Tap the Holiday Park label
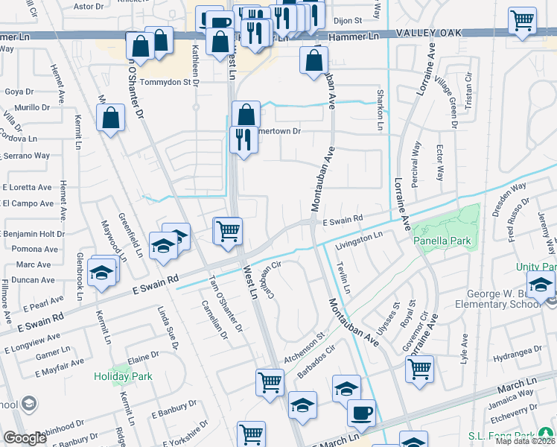(x=123, y=376)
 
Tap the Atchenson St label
(x=305, y=348)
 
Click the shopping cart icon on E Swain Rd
(x=227, y=230)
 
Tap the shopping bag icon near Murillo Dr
(x=110, y=117)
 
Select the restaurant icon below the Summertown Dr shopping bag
(x=244, y=141)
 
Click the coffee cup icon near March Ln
(x=362, y=413)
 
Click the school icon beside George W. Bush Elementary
(x=541, y=285)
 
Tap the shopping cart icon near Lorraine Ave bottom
(x=420, y=368)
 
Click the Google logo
(x=25, y=438)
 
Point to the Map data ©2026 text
(x=525, y=441)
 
